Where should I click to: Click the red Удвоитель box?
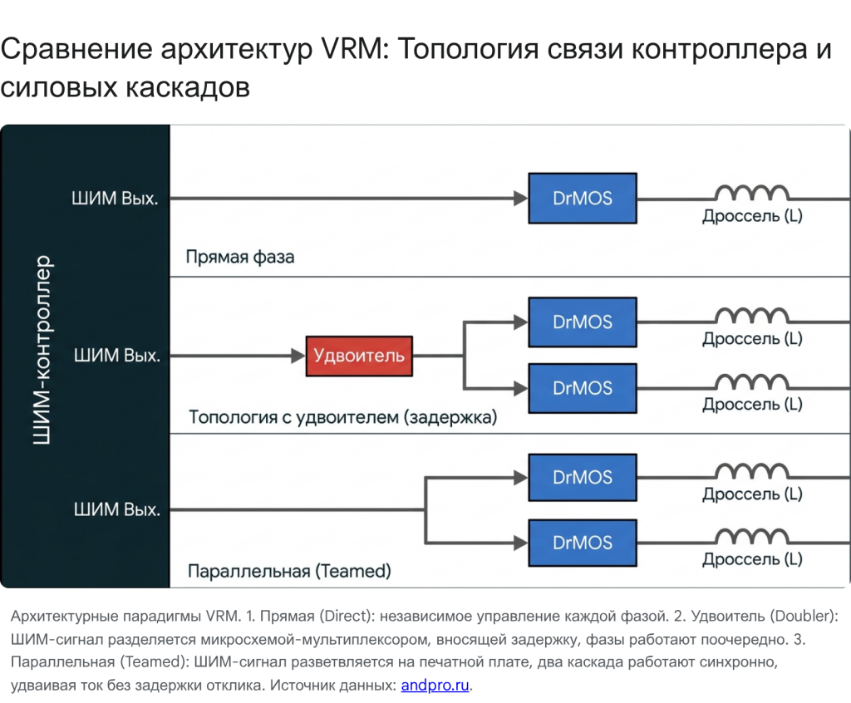tap(358, 356)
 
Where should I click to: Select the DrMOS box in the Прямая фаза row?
tap(583, 198)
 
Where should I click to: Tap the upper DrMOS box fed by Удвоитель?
tap(583, 322)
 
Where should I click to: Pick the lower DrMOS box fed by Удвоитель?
tap(583, 388)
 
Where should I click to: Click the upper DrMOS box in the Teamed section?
tap(583, 477)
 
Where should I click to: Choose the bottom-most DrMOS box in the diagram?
tap(583, 543)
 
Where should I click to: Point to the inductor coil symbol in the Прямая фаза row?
tap(752, 193)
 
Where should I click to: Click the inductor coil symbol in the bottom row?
tap(752, 537)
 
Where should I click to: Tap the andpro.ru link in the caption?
tap(435, 686)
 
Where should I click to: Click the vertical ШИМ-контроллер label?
tap(42, 350)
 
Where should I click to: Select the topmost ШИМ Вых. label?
tap(116, 199)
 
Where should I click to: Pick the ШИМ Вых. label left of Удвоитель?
tap(116, 356)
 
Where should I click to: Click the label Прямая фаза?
tap(240, 257)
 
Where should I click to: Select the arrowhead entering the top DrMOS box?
tap(521, 198)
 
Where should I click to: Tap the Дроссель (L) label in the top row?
tap(752, 217)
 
